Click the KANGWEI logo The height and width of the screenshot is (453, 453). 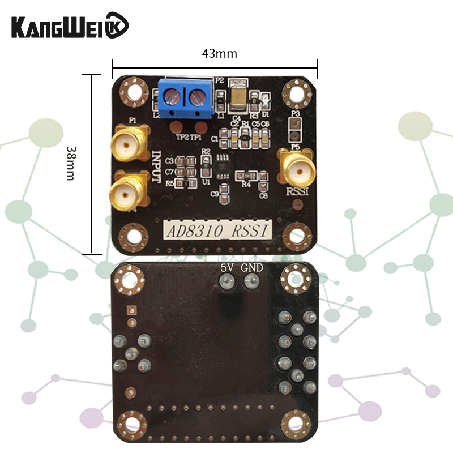coord(70,26)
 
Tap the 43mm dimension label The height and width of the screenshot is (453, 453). coord(219,54)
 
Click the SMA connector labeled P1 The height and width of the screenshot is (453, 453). coord(129,144)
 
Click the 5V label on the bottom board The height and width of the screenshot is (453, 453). coord(227,268)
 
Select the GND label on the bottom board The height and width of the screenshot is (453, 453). coord(251,268)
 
